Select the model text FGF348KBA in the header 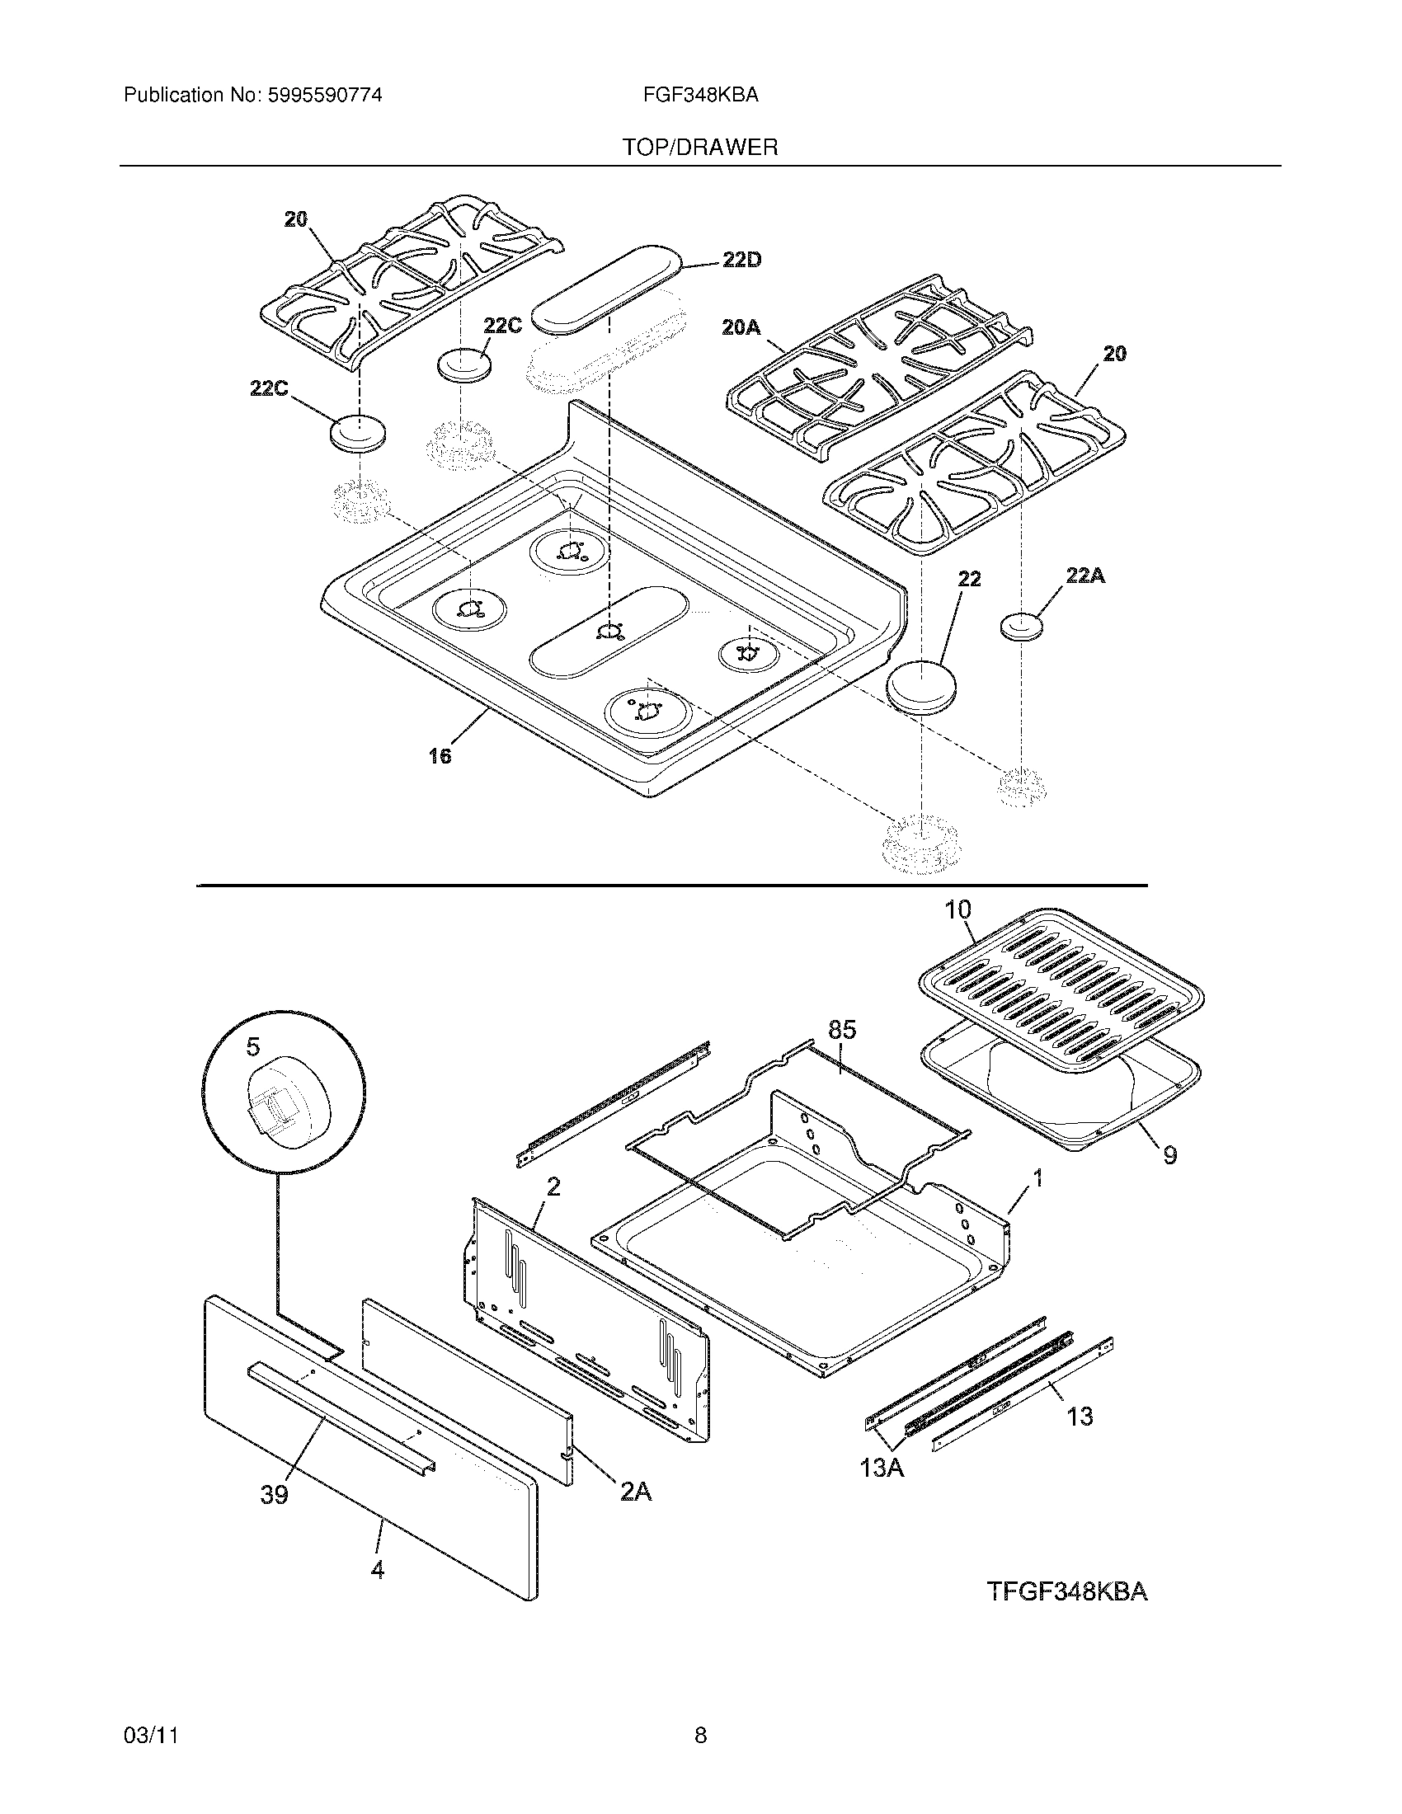coord(700,96)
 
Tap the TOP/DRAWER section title coord(700,148)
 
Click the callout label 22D coord(741,260)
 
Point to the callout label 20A coord(741,328)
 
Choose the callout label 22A coord(1084,575)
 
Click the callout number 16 coord(440,756)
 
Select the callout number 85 coord(841,1030)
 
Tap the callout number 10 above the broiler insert coord(957,909)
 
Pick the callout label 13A coord(882,1468)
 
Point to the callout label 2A coord(635,1492)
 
